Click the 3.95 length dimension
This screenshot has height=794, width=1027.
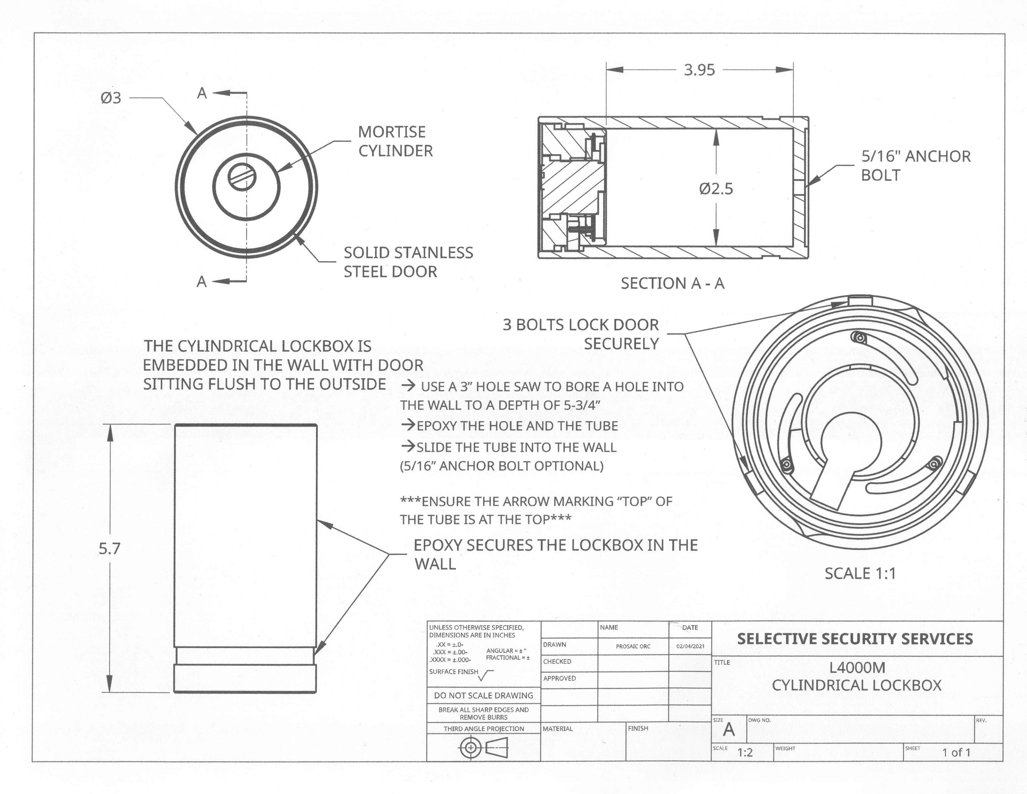coord(699,70)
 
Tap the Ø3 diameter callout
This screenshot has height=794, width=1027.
coord(111,98)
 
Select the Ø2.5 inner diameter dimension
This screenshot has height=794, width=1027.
coord(716,189)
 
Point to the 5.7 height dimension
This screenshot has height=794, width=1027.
coord(110,548)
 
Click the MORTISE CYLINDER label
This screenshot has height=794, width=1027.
coord(395,141)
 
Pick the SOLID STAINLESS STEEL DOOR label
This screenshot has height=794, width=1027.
coord(408,262)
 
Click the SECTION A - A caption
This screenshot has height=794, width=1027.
coord(672,283)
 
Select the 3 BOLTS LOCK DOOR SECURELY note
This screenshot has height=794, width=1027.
coord(581,334)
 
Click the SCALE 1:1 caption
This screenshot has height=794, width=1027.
coord(860,574)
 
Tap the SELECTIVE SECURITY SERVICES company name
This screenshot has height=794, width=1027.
coord(855,639)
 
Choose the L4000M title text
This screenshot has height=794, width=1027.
coord(857,668)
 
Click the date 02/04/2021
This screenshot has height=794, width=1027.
coord(690,646)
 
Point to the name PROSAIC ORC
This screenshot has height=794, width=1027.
coord(633,646)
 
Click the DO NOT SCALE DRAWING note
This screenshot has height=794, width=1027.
coord(483,695)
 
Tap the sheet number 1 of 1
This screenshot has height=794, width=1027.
coord(956,753)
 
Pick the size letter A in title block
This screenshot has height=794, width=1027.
coord(728,730)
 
